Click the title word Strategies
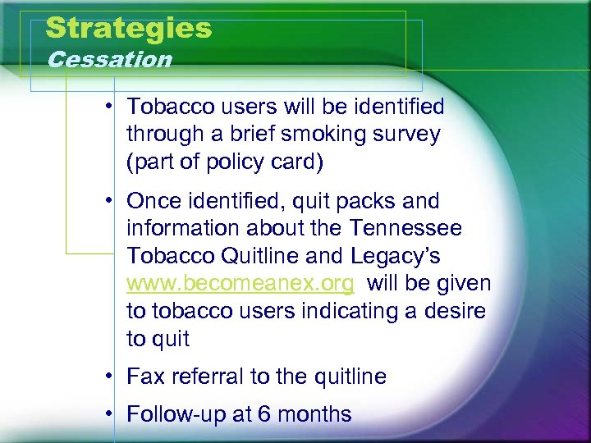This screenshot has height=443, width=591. coord(129,28)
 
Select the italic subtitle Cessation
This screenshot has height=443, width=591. coord(110,60)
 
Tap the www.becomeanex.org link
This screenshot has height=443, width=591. coord(241,284)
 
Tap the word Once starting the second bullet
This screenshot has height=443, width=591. coord(153,201)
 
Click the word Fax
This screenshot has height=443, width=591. coord(145,377)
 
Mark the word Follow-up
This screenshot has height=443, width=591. coord(174,414)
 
